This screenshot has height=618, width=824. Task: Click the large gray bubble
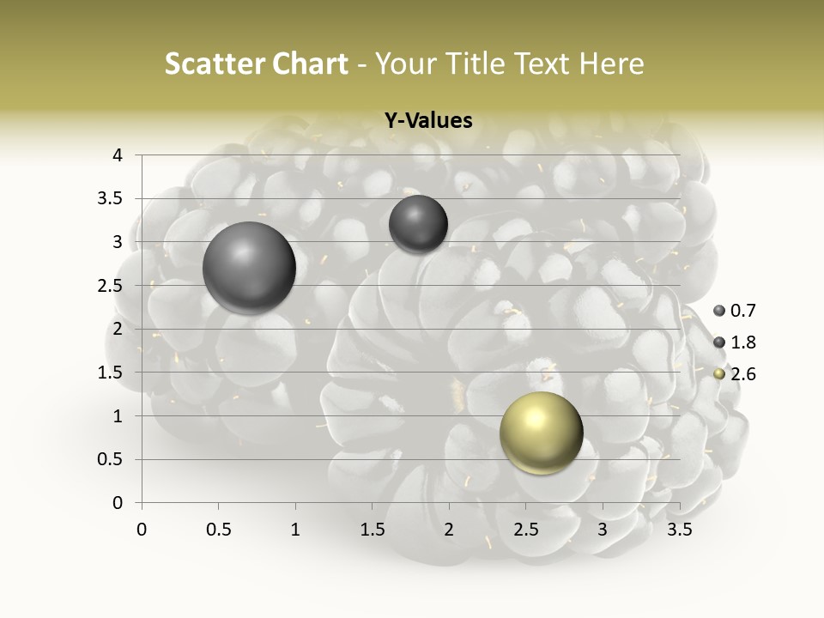(249, 268)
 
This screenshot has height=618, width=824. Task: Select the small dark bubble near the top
(418, 224)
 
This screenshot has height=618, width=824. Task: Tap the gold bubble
(541, 433)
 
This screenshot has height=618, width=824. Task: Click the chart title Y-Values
(428, 121)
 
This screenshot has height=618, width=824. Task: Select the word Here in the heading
(611, 64)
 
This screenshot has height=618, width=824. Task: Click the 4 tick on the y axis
(118, 155)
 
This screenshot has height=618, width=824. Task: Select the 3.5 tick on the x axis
(680, 530)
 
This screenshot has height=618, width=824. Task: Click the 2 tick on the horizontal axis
(449, 530)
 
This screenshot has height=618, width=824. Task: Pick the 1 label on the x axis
(295, 530)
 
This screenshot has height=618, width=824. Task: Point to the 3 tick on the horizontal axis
(603, 530)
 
